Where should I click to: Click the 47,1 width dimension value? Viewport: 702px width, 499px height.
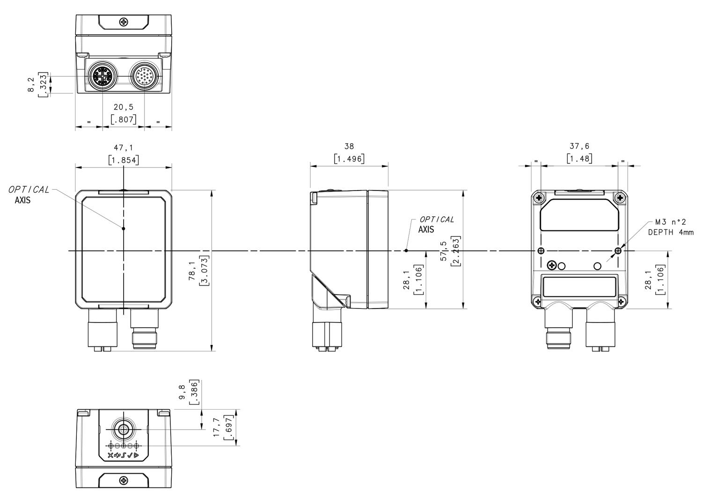124,147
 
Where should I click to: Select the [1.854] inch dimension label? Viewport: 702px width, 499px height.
124,161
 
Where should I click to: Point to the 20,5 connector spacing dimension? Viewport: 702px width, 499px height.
124,107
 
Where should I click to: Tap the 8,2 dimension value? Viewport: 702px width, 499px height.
31,85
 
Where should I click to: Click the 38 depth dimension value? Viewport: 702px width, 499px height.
349,147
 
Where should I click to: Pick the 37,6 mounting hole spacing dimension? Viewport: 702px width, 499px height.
579,147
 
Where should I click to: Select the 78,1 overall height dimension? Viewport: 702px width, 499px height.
192,272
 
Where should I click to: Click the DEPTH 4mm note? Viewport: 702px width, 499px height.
671,232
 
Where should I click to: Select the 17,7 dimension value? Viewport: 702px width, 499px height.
217,427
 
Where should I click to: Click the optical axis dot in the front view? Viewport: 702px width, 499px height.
124,228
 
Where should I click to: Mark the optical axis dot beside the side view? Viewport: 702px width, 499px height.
406,250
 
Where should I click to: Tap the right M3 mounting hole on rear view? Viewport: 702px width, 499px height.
618,251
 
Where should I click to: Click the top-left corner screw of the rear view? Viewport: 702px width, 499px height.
539,198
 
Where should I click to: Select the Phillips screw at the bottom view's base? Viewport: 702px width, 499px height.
124,481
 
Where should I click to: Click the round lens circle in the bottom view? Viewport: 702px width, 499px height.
124,429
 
